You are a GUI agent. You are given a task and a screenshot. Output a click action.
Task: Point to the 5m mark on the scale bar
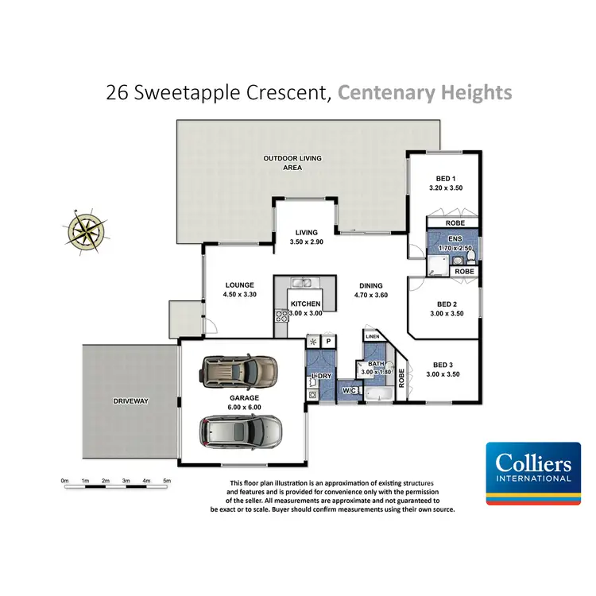pos(167,481)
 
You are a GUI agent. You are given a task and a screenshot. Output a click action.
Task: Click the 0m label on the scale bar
pos(65,481)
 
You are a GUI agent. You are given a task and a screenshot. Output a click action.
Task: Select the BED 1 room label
pos(443,179)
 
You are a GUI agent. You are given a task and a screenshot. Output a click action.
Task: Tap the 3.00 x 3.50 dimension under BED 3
pos(443,373)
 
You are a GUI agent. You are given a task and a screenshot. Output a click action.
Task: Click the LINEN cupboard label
pos(372,337)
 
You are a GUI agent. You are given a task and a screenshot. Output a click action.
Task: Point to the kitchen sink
pos(303,282)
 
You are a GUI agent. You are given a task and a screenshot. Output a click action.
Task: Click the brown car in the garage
pos(235,369)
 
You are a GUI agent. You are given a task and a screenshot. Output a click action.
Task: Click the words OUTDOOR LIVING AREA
pos(292,163)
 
